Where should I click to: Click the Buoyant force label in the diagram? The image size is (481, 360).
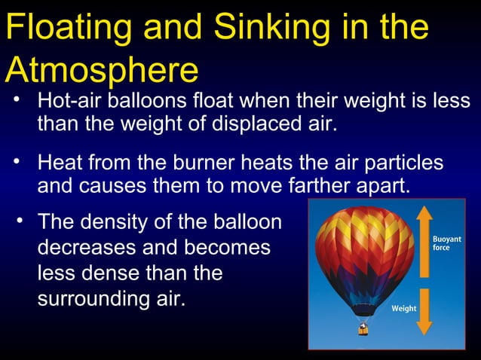(x=446, y=243)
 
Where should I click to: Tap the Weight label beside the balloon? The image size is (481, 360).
(x=404, y=309)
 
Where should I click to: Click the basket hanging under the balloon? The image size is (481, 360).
(x=364, y=329)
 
